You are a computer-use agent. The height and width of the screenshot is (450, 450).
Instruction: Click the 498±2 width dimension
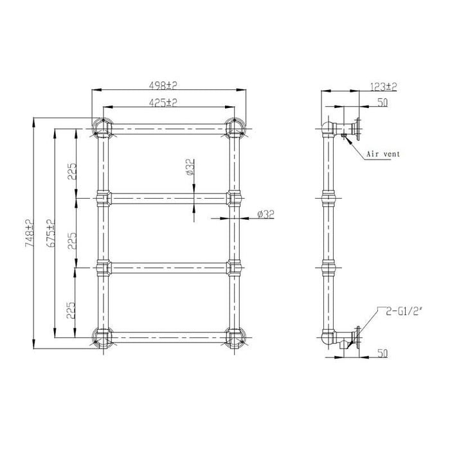pos(163,85)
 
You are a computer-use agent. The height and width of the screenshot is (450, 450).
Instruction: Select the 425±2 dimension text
pos(163,102)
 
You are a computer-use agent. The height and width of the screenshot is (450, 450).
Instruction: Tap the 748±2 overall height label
pos(30,233)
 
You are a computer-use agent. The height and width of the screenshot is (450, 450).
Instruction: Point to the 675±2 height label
pos(50,233)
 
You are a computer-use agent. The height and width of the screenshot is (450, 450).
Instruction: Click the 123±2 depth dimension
pos(384,86)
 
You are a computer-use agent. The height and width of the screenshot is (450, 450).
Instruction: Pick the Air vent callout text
pos(383,154)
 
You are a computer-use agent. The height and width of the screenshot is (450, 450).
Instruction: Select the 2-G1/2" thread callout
pos(404,311)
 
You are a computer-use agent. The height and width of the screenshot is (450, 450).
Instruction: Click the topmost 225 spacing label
pos(72,172)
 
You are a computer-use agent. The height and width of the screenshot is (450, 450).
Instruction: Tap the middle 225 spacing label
pos(72,240)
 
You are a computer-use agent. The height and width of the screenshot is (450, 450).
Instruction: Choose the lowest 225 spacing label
pos(71,310)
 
